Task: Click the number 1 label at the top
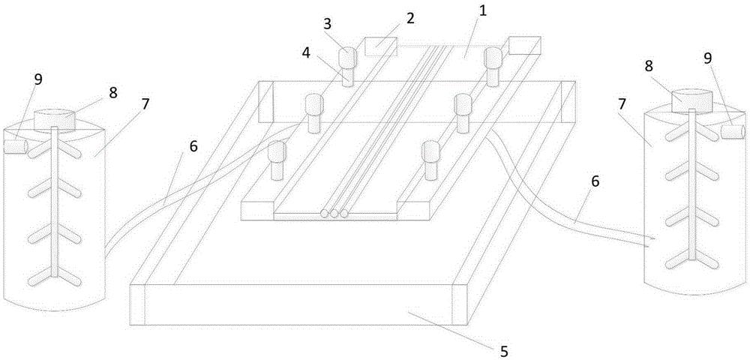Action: point(483,12)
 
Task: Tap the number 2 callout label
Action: point(410,19)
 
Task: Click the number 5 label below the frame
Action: point(503,352)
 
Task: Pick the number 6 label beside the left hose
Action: point(193,147)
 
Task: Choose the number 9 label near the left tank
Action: point(37,79)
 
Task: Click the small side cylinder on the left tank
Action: point(15,147)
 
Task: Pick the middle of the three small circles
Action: point(334,213)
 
